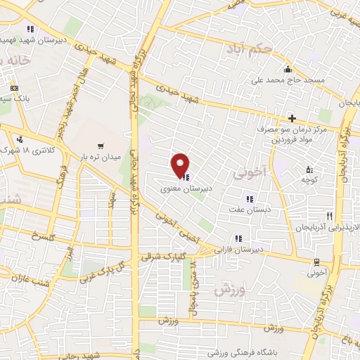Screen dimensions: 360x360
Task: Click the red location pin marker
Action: (181, 165)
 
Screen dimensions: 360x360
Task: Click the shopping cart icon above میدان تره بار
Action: (101, 147)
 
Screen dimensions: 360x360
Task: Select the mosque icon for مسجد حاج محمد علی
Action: (288, 70)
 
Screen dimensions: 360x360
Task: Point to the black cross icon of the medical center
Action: (292, 118)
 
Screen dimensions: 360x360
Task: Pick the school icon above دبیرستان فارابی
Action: (238, 237)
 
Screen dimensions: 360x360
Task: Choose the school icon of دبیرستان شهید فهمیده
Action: (30, 29)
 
